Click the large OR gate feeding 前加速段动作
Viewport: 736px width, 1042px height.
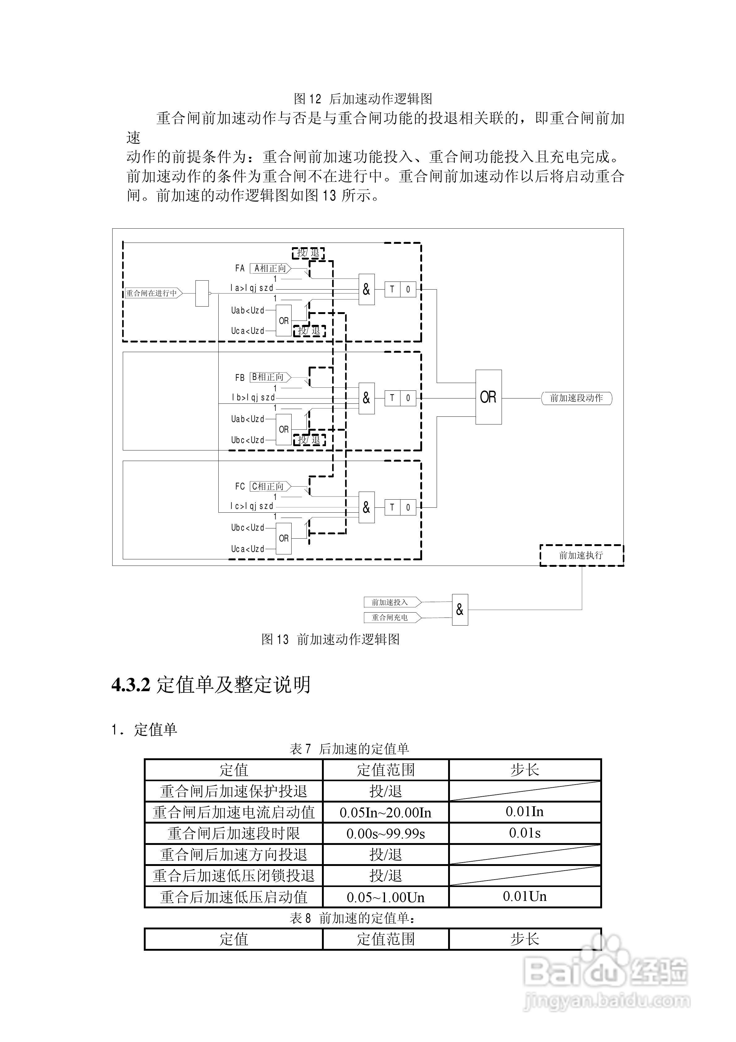pyautogui.click(x=488, y=397)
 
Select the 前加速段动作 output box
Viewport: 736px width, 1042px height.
pyautogui.click(x=576, y=398)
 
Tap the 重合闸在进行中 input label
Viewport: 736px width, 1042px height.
pyautogui.click(x=153, y=293)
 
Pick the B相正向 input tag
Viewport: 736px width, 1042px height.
pyautogui.click(x=270, y=377)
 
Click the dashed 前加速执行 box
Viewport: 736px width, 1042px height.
pyautogui.click(x=581, y=555)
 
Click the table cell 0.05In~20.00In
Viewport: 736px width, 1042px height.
pyautogui.click(x=385, y=812)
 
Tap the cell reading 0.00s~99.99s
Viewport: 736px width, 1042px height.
pyautogui.click(x=385, y=833)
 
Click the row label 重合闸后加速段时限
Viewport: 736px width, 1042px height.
pyautogui.click(x=234, y=833)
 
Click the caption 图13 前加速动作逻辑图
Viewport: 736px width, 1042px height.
pyautogui.click(x=330, y=639)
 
